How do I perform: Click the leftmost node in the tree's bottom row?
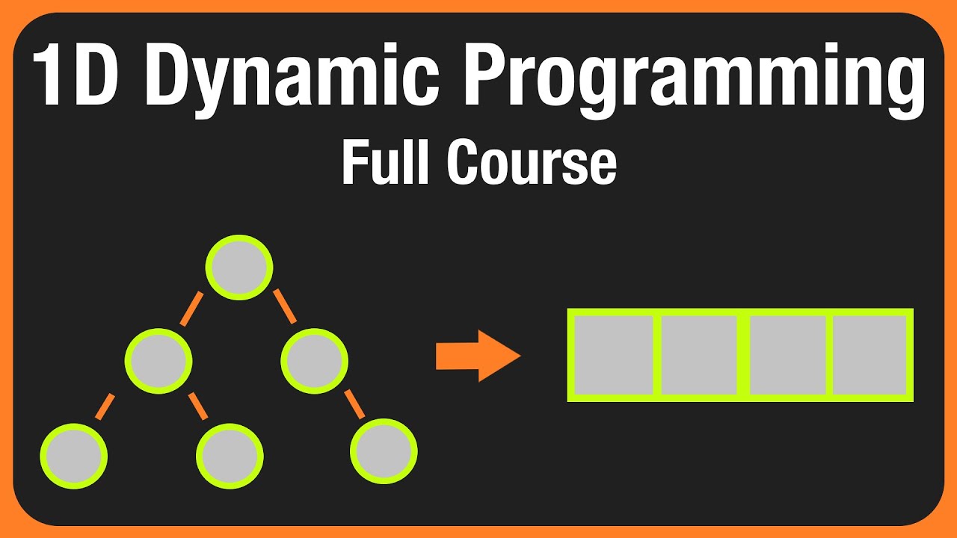coord(73,456)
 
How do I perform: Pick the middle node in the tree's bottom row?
coord(230,456)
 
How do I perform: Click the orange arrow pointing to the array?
coord(477,356)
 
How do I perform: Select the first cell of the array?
coord(613,355)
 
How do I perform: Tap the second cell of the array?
coord(699,355)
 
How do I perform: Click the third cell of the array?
coord(787,355)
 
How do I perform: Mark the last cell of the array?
coord(870,355)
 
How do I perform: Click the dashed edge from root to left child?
coord(192,308)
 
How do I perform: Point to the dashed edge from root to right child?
coord(284,306)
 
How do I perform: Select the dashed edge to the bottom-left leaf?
coord(106,406)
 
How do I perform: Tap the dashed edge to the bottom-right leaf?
coord(355,403)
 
